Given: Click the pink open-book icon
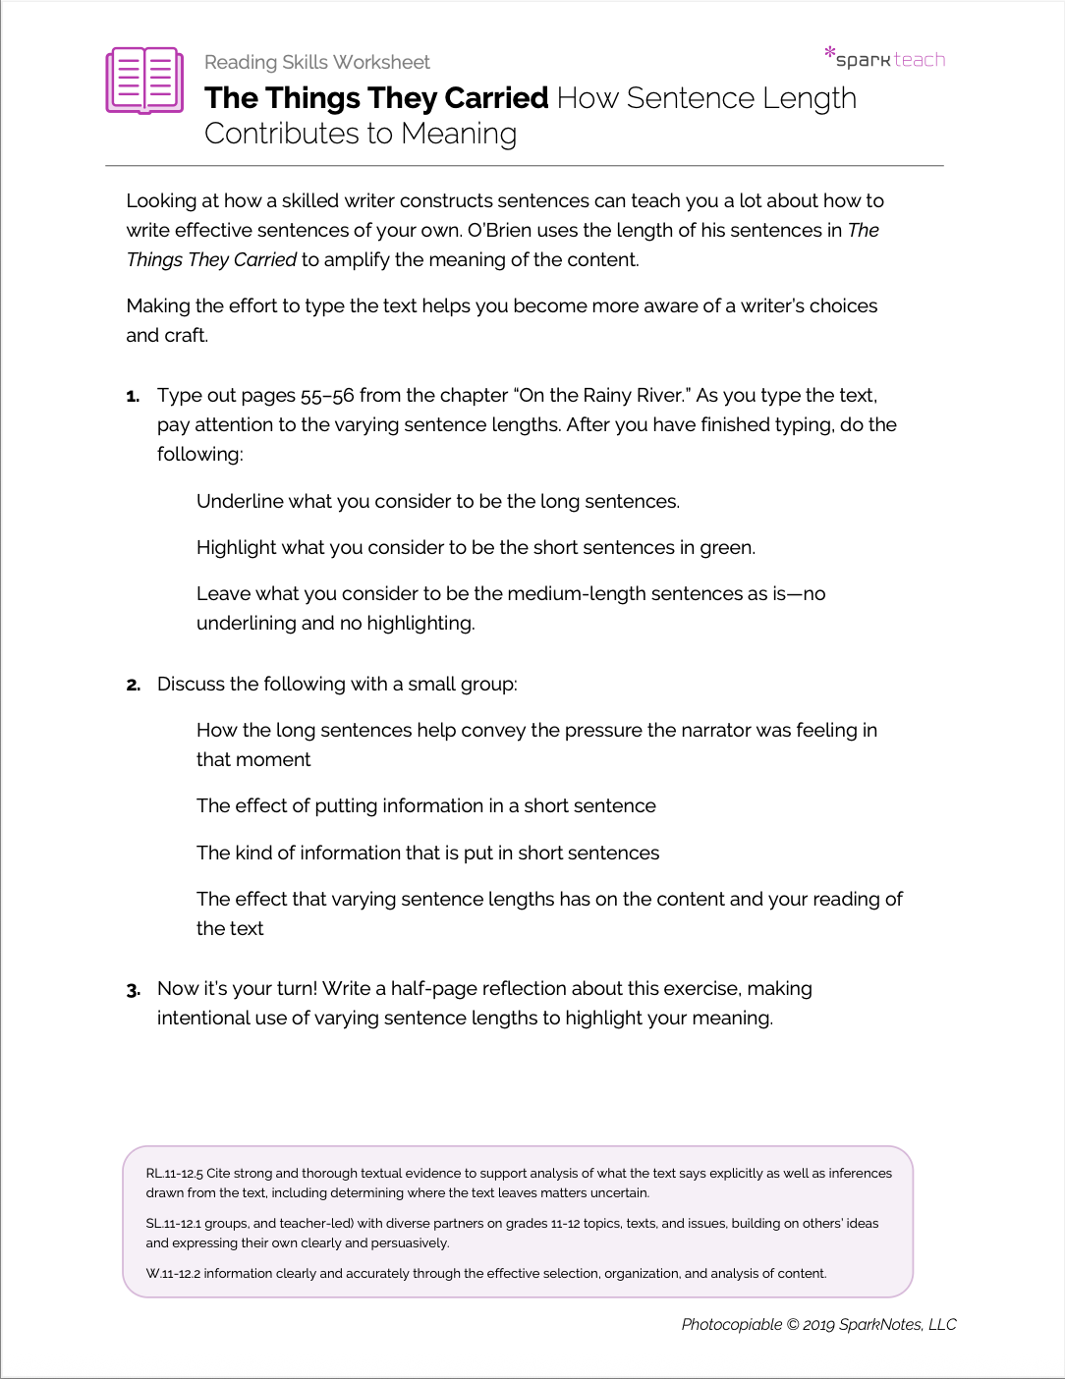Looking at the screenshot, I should [144, 80].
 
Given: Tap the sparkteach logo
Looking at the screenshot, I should [885, 58].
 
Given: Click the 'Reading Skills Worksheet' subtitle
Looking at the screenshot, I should [316, 62].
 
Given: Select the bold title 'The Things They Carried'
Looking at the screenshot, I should [376, 98].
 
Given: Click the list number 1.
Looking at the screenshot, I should [133, 396].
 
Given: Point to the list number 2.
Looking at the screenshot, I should [133, 685].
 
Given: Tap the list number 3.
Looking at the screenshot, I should [133, 989].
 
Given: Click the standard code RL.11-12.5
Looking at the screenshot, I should [174, 1173].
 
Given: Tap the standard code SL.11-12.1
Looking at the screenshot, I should [173, 1223].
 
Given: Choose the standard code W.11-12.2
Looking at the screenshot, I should [172, 1273].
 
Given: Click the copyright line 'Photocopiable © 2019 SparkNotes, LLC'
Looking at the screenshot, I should [818, 1324].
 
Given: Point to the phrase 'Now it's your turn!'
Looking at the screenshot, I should [237, 988].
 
